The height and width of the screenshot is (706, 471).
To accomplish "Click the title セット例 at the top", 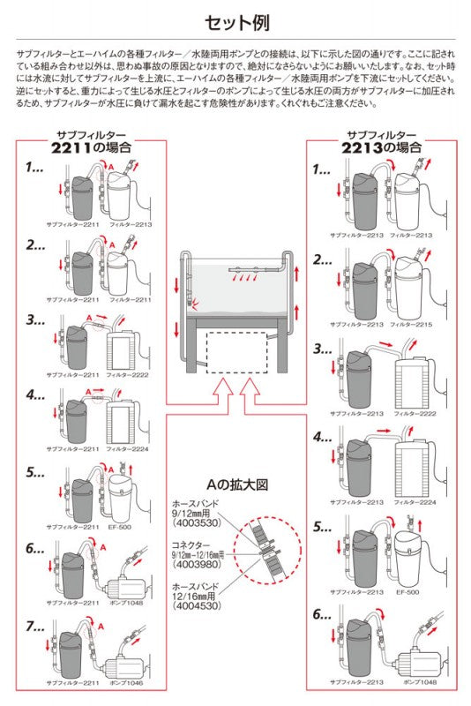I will (x=235, y=21).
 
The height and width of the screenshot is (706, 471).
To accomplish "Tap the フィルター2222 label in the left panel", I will (x=122, y=374).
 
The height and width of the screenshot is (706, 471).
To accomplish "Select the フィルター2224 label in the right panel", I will (x=413, y=501).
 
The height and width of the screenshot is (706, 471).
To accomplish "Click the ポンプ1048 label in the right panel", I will (x=413, y=682).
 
